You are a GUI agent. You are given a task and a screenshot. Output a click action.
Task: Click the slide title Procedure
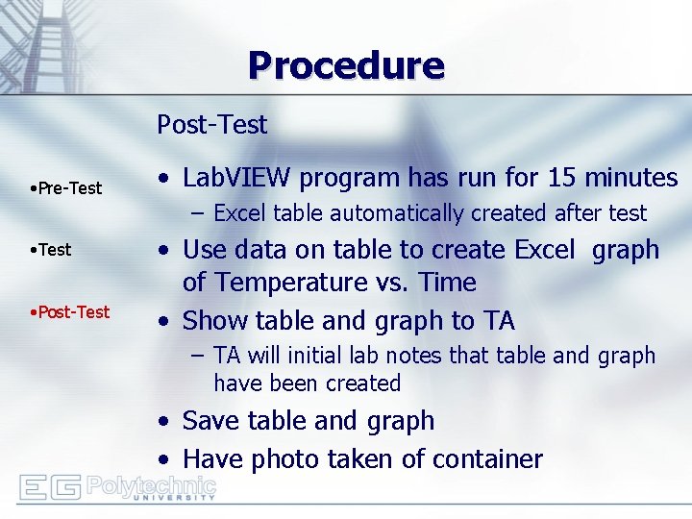point(346,66)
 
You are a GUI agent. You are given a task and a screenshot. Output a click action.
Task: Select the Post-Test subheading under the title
point(211,125)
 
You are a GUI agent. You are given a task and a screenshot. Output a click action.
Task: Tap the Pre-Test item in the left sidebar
point(65,188)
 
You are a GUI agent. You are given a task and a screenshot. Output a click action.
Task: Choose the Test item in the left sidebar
point(51,250)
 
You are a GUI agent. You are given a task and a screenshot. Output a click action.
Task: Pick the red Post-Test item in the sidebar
point(69,312)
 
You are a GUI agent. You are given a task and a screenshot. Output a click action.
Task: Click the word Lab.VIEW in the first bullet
point(236,178)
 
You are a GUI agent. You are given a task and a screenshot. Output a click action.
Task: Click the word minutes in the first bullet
point(630,178)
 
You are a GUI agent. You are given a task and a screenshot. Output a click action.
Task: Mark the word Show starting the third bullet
point(210,320)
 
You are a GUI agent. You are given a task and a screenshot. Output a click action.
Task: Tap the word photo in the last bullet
point(287,459)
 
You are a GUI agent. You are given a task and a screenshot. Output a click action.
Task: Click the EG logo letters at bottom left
point(51,487)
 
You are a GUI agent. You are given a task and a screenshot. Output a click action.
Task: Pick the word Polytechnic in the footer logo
point(151,483)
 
